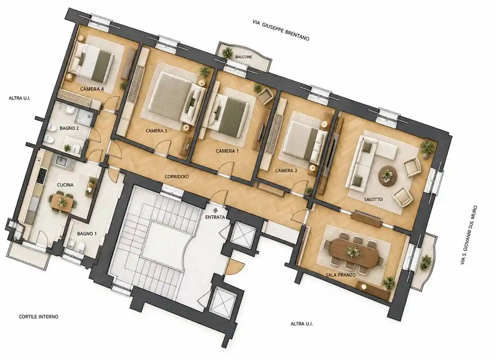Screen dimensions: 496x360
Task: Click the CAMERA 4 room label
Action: (x=92, y=89)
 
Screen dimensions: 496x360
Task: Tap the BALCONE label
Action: (x=244, y=57)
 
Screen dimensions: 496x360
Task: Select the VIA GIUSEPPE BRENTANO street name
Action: (x=281, y=31)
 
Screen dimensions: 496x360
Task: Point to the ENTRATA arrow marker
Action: (x=215, y=210)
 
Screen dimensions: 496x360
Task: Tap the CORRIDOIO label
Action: (x=177, y=176)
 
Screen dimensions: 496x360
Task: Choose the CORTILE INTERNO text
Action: (x=39, y=317)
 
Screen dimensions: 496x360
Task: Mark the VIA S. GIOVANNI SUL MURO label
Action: (x=469, y=235)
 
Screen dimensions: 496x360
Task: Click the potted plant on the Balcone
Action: (x=227, y=53)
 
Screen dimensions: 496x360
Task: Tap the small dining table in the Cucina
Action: (x=62, y=202)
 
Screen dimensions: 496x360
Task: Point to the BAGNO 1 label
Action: (x=87, y=234)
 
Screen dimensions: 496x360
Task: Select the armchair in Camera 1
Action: (x=265, y=96)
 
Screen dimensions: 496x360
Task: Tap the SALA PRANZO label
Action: (x=341, y=275)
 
